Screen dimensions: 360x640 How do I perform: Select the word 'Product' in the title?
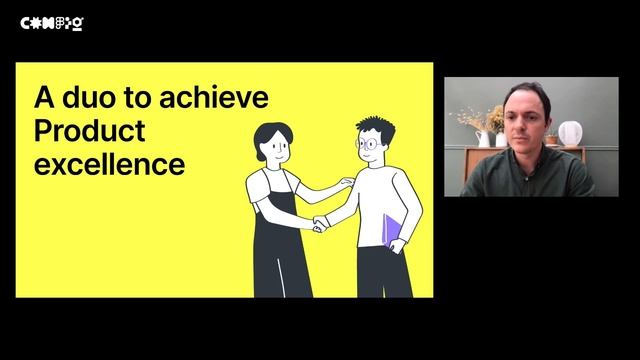(90, 130)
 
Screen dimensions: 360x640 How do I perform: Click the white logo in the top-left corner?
(52, 22)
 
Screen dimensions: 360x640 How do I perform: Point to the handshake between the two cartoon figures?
(319, 223)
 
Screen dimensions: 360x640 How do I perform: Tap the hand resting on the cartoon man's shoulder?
(345, 182)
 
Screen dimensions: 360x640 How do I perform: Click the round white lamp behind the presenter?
(569, 133)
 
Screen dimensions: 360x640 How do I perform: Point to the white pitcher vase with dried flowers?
(484, 137)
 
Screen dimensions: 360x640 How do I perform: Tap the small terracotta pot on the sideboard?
(551, 140)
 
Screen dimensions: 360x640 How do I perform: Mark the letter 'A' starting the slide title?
(43, 98)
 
